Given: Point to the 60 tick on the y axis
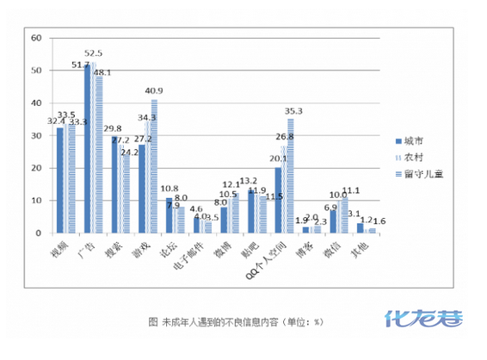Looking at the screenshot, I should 35,39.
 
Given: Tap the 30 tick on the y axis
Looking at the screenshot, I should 35,135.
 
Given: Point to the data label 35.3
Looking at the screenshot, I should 294,110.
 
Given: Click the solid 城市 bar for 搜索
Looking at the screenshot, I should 114,185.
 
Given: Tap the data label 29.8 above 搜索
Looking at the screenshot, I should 112,128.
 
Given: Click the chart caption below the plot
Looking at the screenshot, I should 235,321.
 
